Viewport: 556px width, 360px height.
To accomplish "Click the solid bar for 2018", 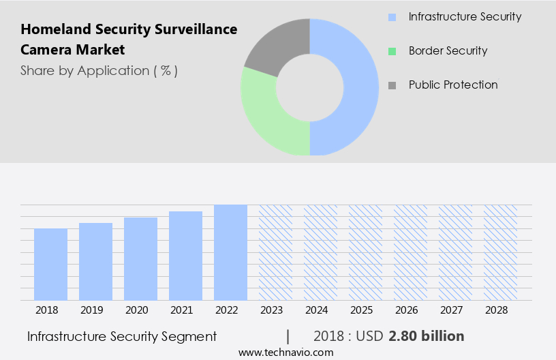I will tap(50, 265).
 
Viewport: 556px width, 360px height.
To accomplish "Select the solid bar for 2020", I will tap(140, 259).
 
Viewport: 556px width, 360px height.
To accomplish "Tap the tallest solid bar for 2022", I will tap(230, 252).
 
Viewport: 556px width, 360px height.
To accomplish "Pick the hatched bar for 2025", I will tap(365, 252).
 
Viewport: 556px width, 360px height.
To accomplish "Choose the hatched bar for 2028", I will tap(500, 252).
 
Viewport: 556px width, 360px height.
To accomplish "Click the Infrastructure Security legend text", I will tap(465, 16).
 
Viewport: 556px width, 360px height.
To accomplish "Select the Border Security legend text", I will tap(448, 50).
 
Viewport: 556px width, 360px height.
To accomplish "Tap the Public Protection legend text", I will tap(453, 85).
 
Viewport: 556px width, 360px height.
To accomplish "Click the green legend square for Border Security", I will tap(392, 51).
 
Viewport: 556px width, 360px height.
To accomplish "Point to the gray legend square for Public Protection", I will tap(392, 85).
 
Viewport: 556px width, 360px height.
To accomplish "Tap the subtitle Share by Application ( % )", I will tap(99, 70).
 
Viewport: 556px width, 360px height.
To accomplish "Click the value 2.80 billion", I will tap(427, 336).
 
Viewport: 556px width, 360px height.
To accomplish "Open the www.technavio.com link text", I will tap(285, 352).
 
